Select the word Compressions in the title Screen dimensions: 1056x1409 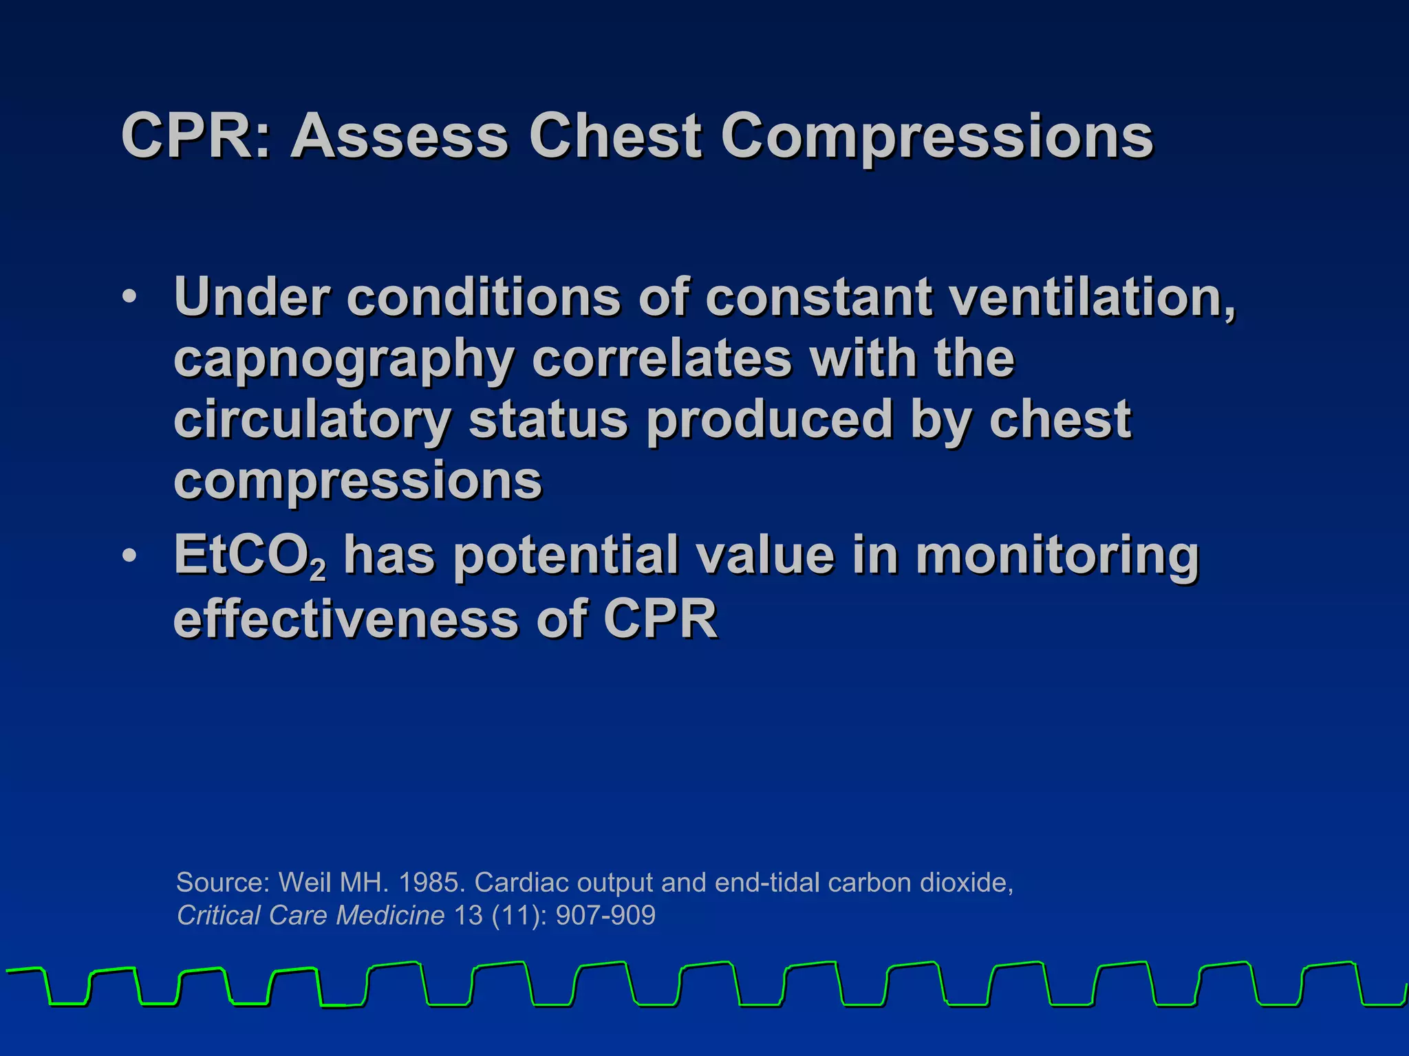(x=936, y=137)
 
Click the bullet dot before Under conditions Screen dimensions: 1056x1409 (x=129, y=298)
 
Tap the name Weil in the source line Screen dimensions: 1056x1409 (x=304, y=882)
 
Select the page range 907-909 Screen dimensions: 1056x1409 (x=605, y=915)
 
